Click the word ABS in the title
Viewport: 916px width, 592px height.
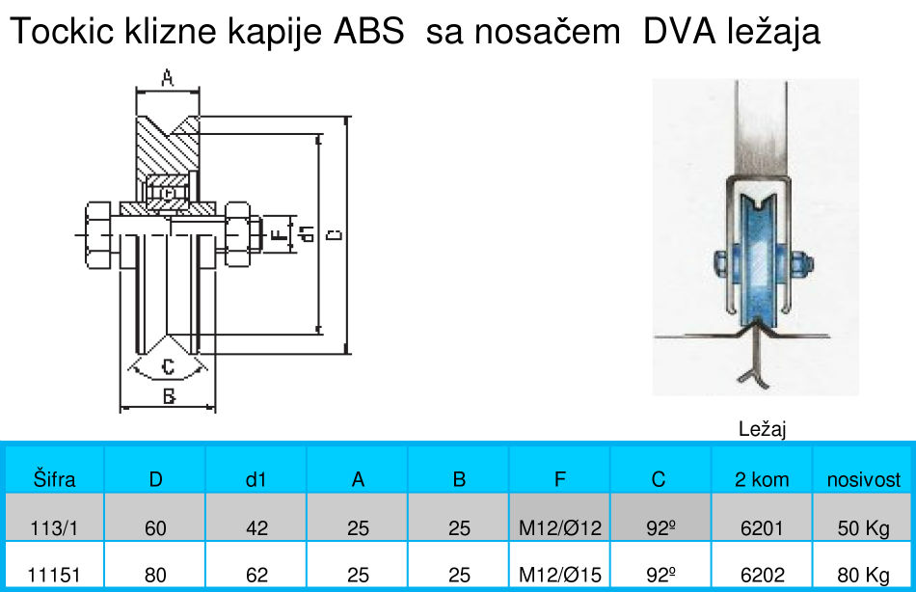point(369,32)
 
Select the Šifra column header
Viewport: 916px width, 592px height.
point(54,479)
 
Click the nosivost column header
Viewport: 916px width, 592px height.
point(864,479)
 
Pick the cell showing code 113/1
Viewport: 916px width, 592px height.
point(54,527)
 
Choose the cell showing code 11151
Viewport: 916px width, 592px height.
point(54,575)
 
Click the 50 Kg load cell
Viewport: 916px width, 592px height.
point(864,527)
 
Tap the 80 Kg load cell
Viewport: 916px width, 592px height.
point(864,575)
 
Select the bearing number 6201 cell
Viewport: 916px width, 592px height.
point(762,527)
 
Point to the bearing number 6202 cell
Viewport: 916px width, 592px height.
point(762,575)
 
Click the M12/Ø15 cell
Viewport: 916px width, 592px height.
point(559,575)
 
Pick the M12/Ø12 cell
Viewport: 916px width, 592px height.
point(559,527)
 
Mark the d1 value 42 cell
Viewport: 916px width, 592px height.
point(256,527)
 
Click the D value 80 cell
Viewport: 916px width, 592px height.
point(155,575)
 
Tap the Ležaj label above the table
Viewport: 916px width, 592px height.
point(763,430)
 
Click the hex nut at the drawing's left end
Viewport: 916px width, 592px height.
point(98,234)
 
